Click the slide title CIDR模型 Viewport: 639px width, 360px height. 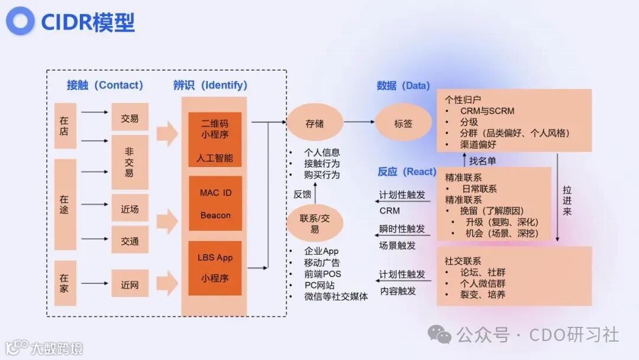click(x=88, y=22)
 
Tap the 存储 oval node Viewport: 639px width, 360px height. click(x=315, y=124)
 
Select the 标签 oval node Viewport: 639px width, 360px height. click(x=404, y=124)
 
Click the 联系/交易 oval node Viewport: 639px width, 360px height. click(x=315, y=223)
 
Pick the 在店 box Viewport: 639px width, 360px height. click(x=64, y=126)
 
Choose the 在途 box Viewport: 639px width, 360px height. click(x=64, y=204)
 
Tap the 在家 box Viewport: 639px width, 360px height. click(x=64, y=282)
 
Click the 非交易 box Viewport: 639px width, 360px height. click(x=130, y=162)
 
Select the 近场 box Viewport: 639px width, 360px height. click(x=130, y=208)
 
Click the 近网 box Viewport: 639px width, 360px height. click(x=130, y=284)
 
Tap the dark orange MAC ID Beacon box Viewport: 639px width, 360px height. click(x=215, y=203)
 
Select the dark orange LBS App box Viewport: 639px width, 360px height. click(x=215, y=268)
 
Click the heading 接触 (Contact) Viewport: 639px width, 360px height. click(x=105, y=85)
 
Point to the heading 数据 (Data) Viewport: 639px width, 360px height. click(x=404, y=85)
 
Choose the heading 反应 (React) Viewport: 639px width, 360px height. click(x=407, y=172)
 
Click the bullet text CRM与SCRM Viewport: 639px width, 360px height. click(x=487, y=111)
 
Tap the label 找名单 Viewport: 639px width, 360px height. click(x=483, y=160)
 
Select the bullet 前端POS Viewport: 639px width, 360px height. click(x=322, y=274)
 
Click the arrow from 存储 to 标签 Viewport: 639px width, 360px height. click(x=359, y=123)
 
